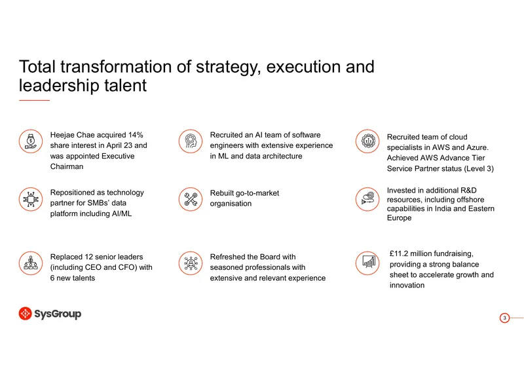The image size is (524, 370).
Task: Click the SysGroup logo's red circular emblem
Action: point(25,314)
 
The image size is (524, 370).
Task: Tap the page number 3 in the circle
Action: point(504,318)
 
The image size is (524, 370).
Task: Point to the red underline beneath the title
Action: point(34,100)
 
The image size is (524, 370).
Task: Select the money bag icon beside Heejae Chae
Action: point(31,141)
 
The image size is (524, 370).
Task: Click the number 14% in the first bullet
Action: point(136,135)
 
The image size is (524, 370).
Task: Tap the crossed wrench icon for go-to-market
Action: point(191,199)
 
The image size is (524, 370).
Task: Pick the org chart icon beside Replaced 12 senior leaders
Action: point(31,263)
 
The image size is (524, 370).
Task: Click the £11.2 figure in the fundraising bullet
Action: point(399,253)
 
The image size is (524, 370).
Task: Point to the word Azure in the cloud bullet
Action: point(478,147)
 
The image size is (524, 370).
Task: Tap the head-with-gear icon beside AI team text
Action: point(191,141)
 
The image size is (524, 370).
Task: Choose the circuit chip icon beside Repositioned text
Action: point(31,199)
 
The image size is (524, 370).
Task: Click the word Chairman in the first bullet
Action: point(67,166)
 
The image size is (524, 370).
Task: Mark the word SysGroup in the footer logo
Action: point(58,314)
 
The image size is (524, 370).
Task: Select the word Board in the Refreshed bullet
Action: point(269,257)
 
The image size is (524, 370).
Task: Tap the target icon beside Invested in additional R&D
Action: point(367,199)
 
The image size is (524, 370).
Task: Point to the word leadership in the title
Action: point(59,85)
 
